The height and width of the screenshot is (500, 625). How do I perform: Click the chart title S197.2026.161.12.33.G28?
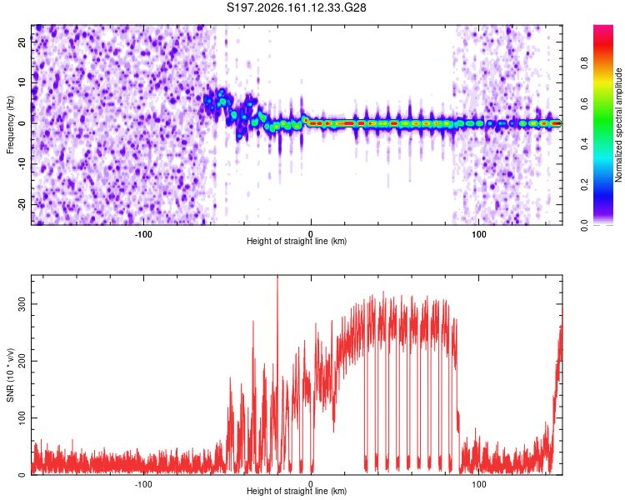296,7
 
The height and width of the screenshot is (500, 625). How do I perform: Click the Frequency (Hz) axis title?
10,125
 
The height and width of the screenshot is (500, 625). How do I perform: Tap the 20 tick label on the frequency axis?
22,42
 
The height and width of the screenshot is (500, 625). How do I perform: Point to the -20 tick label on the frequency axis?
22,205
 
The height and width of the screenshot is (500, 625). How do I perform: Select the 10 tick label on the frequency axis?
22,82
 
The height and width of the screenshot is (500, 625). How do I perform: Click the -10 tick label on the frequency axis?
22,164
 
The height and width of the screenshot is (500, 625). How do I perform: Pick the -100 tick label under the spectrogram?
143,234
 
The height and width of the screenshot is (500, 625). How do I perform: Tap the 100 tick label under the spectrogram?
478,234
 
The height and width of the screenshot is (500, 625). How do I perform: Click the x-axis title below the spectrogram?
297,241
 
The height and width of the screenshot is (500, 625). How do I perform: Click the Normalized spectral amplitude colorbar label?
618,125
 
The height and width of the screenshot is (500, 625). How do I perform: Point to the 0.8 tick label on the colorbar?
584,63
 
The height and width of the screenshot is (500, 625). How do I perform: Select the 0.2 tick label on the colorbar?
584,185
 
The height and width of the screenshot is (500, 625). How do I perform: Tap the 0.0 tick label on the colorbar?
584,225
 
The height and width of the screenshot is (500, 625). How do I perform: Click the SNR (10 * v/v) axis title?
10,375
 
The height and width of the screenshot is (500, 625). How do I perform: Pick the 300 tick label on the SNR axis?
22,304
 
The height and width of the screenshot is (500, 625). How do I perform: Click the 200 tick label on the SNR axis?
22,361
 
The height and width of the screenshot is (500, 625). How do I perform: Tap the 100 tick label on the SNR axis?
22,417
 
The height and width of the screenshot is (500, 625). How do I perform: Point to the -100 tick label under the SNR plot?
143,484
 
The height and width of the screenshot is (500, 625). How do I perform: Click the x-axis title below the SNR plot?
297,491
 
